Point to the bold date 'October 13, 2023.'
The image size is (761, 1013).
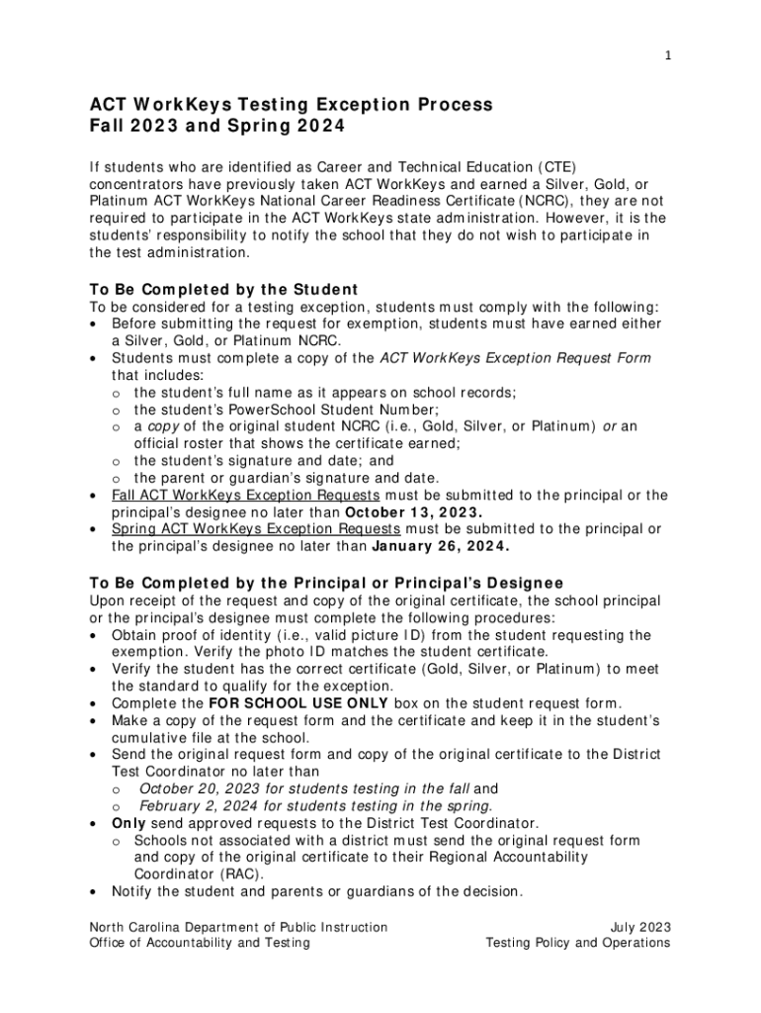tap(413, 512)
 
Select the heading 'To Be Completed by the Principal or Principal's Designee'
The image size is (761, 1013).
tap(326, 583)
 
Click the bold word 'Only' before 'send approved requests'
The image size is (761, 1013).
tap(129, 823)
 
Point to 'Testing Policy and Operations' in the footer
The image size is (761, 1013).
tap(578, 944)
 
